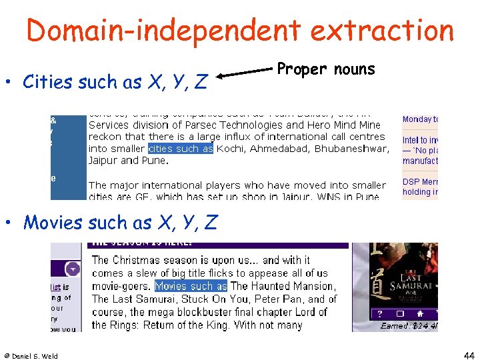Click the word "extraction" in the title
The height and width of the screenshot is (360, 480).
coord(377,31)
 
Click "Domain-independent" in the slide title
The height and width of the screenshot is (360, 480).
coord(159,31)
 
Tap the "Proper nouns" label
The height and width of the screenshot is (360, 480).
coord(326,69)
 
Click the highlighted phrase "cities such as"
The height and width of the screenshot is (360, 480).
coord(180,149)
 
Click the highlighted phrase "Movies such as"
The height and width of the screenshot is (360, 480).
coord(191,286)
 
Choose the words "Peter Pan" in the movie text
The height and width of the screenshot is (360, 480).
coord(274,299)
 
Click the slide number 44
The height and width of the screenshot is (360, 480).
coord(469,355)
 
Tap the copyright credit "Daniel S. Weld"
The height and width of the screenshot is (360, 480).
coord(31,356)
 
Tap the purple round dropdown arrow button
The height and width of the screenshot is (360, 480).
coord(73,269)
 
